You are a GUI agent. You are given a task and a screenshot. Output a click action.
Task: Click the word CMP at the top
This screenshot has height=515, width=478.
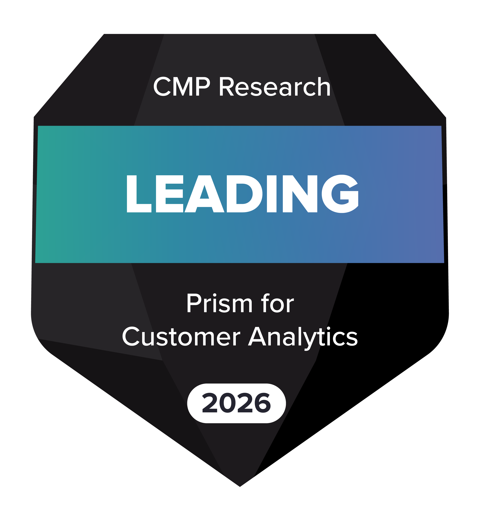coord(181,87)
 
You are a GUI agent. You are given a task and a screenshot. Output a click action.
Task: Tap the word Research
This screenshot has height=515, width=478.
coord(274,87)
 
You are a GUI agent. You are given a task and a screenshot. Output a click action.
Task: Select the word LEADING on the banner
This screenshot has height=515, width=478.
coord(242,194)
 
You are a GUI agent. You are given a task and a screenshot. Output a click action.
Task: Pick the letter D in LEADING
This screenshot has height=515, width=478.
coord(244,194)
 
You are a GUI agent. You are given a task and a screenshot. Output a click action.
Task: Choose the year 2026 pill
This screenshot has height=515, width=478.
coord(236,403)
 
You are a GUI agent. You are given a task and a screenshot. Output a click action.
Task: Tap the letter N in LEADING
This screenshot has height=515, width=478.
coord(300,194)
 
